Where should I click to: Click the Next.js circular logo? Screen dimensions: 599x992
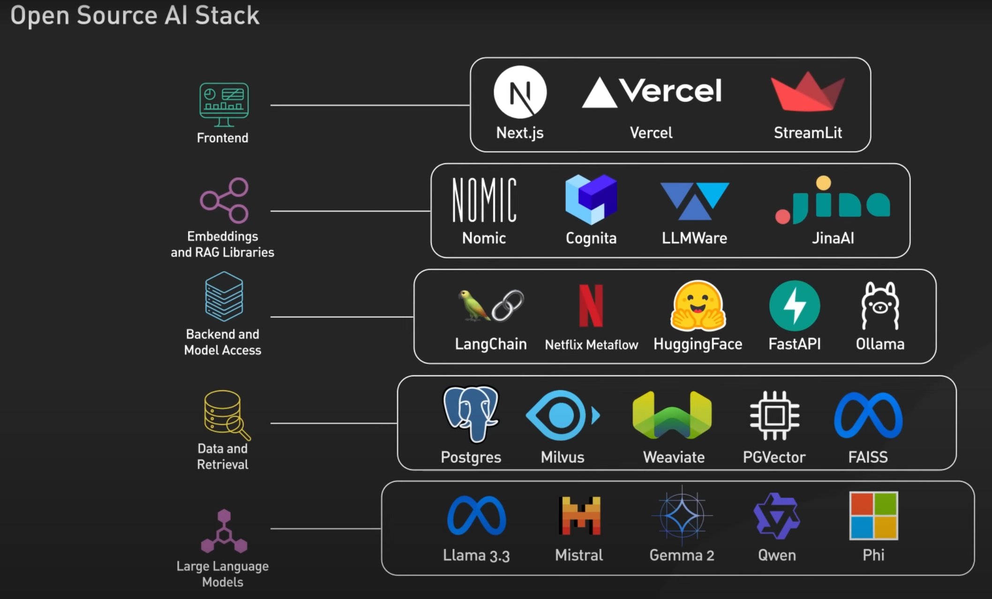[520, 92]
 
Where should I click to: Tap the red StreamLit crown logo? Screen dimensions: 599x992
[807, 93]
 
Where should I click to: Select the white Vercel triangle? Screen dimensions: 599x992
[599, 93]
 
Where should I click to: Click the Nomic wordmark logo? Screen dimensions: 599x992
[484, 200]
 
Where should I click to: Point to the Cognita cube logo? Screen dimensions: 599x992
[591, 199]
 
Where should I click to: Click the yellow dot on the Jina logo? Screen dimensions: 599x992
[823, 182]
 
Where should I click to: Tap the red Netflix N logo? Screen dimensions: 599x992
[591, 305]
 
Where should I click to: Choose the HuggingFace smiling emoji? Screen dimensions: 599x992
[698, 305]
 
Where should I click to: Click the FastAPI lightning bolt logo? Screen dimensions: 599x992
[795, 306]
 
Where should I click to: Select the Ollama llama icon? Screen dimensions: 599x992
[880, 306]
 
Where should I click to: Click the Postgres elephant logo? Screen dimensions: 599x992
[471, 413]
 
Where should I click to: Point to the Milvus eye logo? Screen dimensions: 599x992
[561, 415]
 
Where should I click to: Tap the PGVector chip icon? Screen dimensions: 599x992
[774, 415]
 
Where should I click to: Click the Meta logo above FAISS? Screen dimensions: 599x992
[868, 416]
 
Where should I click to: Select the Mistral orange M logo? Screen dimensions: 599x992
[579, 516]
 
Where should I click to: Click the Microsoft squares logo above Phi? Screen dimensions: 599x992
[873, 516]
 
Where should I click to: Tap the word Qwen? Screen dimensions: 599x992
[777, 555]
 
